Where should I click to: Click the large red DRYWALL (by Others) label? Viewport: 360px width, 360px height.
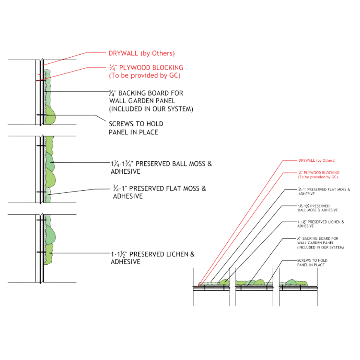pos(141,54)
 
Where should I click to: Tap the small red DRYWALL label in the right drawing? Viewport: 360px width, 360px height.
pos(316,161)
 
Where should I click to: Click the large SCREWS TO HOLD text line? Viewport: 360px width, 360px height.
pos(136,124)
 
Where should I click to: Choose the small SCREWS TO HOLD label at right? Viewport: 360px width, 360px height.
pos(312,260)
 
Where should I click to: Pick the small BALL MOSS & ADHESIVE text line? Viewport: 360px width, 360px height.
pos(317,210)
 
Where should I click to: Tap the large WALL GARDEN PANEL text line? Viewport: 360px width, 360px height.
pos(142,101)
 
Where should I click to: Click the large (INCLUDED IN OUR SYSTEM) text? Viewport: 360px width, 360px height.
pos(151,109)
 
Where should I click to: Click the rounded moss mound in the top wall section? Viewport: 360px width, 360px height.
pos(50,115)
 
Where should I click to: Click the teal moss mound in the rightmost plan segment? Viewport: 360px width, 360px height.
pos(291,282)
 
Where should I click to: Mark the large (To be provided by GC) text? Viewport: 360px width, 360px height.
pos(144,76)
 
